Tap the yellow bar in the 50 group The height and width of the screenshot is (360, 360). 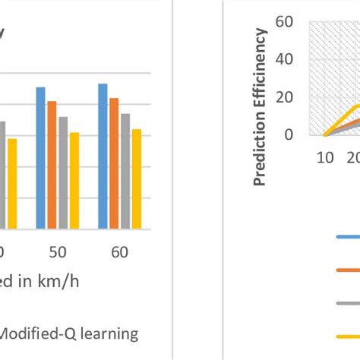click(x=74, y=180)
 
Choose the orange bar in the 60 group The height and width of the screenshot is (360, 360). click(x=114, y=163)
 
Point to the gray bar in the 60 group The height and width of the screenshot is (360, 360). click(x=125, y=170)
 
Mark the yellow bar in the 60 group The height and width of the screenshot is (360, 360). click(x=136, y=178)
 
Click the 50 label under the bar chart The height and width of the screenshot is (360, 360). click(x=58, y=251)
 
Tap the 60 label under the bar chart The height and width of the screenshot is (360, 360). click(x=119, y=251)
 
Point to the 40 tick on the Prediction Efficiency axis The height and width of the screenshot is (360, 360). click(x=286, y=59)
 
